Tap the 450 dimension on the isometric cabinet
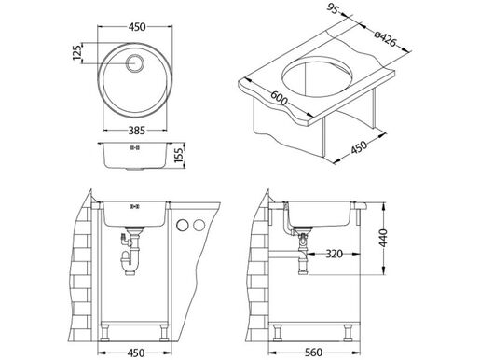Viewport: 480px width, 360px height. click(385, 136)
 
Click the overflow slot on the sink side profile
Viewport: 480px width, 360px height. click(133, 147)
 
